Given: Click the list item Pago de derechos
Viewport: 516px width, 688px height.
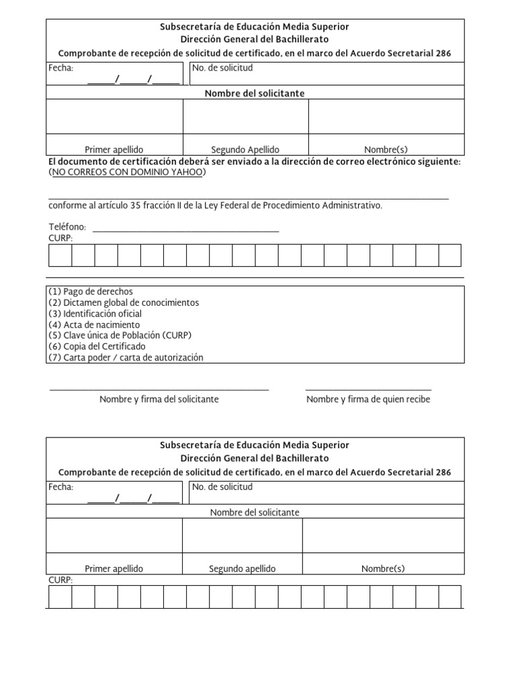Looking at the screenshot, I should click(x=90, y=292).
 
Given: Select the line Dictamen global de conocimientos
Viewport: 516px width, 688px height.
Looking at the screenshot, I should click(x=123, y=303).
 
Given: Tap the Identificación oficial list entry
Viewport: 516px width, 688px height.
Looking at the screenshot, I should click(x=95, y=314).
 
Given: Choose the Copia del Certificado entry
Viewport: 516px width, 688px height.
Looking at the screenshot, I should click(x=96, y=347).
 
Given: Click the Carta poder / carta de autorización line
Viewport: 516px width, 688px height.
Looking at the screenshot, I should click(x=125, y=357).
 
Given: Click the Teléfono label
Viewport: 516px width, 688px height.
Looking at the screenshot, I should click(x=67, y=227).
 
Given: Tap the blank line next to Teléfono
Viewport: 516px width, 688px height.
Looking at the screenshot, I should click(x=185, y=230).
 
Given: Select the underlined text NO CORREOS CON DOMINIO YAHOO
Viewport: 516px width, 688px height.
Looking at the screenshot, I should click(x=128, y=173).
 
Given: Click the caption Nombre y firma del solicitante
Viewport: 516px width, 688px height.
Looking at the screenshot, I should click(x=159, y=399).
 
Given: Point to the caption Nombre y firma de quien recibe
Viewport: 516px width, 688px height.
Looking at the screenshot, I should click(x=368, y=399).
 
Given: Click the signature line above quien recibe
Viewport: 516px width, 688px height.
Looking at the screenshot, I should click(x=368, y=389).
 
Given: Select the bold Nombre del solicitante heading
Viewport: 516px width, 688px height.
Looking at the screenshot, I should click(x=255, y=93).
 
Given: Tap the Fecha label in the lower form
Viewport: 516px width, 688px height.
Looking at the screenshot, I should click(x=60, y=487).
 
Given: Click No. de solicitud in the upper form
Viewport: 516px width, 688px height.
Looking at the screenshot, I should click(x=222, y=68).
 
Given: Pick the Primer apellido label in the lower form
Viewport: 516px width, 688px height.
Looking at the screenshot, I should click(x=114, y=568).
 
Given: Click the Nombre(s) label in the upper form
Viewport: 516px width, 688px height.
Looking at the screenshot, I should click(x=386, y=150).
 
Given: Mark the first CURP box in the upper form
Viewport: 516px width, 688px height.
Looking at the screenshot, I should click(x=60, y=255).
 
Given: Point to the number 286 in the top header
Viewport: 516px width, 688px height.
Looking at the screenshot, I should click(x=443, y=54).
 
